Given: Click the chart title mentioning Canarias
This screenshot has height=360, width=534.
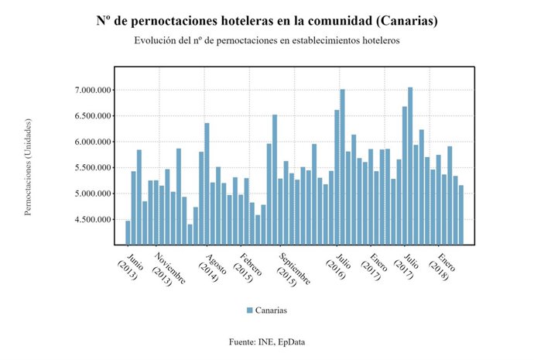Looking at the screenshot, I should pos(267,21).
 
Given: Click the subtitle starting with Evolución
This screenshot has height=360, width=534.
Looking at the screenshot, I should pos(267,40).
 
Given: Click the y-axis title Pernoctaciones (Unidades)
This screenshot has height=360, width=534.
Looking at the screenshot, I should pos(28,166).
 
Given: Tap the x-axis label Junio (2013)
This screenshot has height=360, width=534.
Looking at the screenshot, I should pos(130,266).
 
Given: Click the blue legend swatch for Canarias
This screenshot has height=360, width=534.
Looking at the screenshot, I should pos(249,310).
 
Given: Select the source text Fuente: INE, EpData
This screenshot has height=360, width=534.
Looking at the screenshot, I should pos(267,341).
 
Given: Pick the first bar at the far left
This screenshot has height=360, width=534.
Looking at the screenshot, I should pos(128,232).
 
